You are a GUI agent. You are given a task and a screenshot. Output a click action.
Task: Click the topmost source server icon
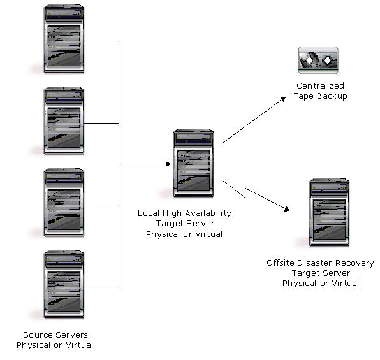pyautogui.click(x=64, y=40)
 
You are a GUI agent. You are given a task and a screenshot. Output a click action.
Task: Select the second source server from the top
pyautogui.click(x=64, y=121)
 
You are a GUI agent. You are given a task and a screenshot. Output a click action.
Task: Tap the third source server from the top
pyautogui.click(x=64, y=203)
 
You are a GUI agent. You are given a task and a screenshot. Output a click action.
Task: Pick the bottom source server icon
pyautogui.click(x=64, y=284)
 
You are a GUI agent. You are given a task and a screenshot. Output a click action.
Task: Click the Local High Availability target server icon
pyautogui.click(x=193, y=164)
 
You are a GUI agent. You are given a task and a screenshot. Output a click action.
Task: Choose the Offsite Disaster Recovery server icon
pyautogui.click(x=328, y=213)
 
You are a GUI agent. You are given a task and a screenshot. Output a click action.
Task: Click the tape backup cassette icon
pyautogui.click(x=319, y=61)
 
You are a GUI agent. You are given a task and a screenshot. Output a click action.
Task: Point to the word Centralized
pyautogui.click(x=320, y=85)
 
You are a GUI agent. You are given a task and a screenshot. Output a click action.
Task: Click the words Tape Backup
pyautogui.click(x=320, y=96)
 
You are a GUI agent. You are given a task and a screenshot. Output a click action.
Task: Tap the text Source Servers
pyautogui.click(x=55, y=335)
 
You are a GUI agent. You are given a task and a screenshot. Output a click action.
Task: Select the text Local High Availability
pyautogui.click(x=184, y=213)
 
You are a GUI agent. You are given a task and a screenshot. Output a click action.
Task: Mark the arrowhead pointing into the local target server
pyautogui.click(x=168, y=164)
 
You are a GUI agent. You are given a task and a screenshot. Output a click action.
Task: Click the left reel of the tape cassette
pyautogui.click(x=311, y=61)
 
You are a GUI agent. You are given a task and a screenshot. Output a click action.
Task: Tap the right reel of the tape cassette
pyautogui.click(x=328, y=61)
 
